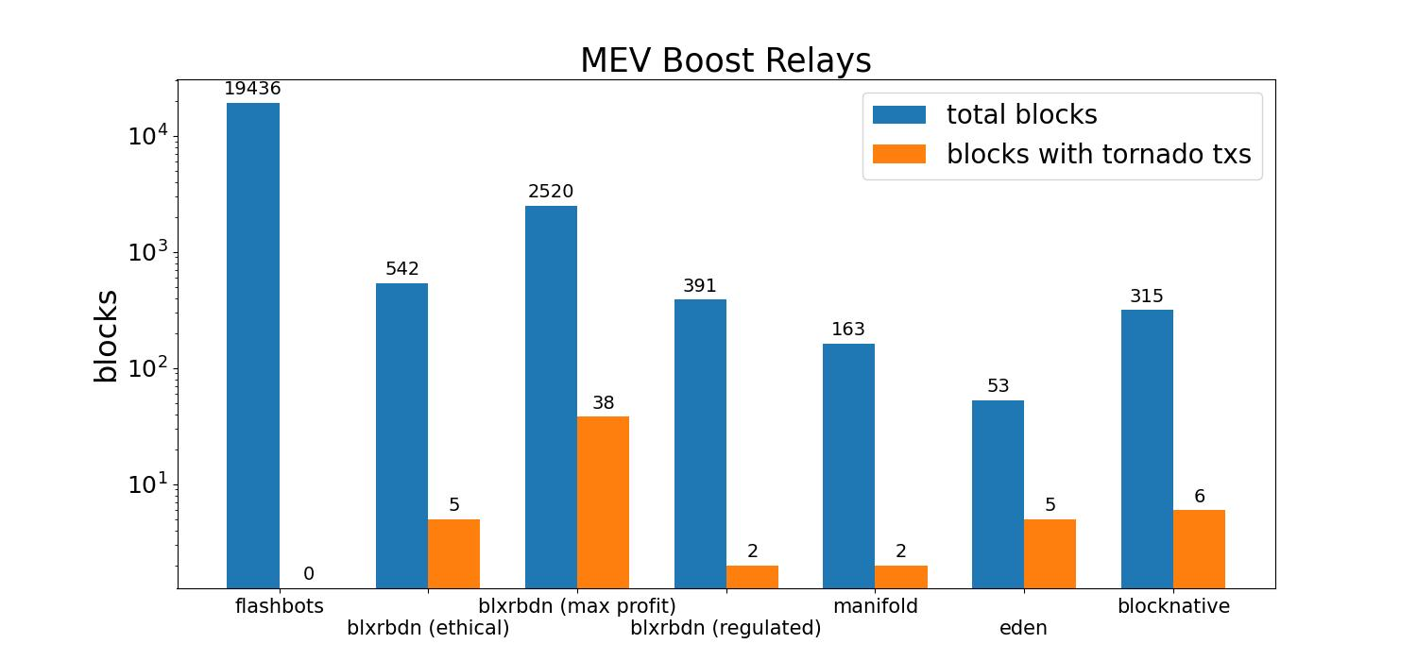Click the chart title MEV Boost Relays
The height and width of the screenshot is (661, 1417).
click(726, 60)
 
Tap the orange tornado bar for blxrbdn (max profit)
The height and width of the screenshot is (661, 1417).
click(603, 501)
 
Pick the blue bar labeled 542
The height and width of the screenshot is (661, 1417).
click(401, 435)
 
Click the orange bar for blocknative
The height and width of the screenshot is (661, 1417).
click(1199, 549)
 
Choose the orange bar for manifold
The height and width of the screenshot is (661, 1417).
click(901, 576)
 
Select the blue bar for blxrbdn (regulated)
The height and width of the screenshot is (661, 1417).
click(700, 444)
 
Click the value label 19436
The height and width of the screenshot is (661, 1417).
click(252, 89)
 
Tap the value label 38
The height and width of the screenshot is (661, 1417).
click(603, 403)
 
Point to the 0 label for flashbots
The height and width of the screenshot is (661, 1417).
click(309, 574)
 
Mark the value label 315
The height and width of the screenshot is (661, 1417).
click(1147, 297)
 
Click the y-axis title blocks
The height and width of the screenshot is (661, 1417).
click(106, 335)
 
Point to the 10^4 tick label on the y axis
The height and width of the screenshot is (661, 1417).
click(147, 136)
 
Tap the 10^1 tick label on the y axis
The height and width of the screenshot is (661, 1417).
click(147, 484)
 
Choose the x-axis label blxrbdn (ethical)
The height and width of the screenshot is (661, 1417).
click(428, 628)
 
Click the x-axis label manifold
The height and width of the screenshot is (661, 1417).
click(875, 606)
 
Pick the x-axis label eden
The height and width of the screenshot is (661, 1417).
click(1023, 628)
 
